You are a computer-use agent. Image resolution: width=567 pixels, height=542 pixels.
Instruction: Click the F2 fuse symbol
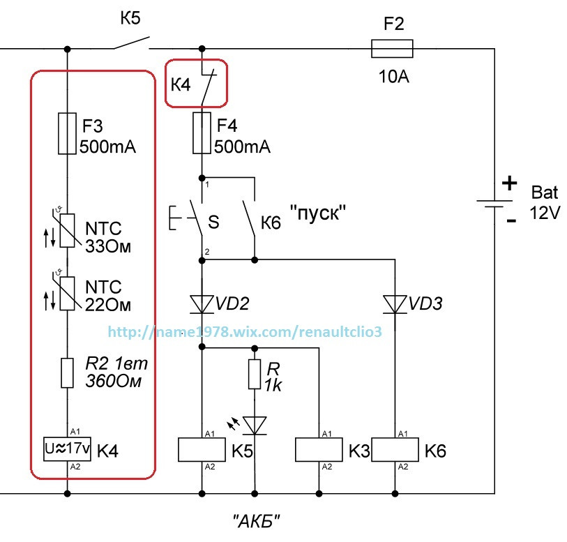(392, 48)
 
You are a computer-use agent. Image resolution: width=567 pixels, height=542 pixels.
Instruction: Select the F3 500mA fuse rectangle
(67, 133)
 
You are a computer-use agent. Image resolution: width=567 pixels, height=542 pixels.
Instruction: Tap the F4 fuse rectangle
(202, 133)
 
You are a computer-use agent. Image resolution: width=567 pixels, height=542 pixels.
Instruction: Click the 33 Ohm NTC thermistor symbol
(67, 230)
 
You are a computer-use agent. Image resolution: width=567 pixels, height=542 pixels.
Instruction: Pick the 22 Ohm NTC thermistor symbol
(67, 293)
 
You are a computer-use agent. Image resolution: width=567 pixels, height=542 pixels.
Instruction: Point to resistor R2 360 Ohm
(67, 373)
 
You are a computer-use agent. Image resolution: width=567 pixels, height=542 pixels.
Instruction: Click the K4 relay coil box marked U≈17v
(67, 449)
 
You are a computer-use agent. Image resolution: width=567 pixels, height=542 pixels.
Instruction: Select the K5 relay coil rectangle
(202, 450)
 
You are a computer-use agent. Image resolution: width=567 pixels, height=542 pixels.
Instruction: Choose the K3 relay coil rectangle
(319, 450)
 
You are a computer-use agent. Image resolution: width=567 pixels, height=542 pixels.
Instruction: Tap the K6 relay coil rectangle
(395, 450)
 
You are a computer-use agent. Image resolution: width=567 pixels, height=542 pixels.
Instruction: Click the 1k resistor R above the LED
(255, 374)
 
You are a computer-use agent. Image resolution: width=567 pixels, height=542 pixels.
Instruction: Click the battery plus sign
(510, 183)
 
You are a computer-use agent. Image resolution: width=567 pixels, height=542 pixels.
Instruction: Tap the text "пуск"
(318, 212)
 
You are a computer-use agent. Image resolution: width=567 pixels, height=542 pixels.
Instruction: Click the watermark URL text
(245, 331)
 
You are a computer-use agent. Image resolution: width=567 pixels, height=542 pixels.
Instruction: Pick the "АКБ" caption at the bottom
(257, 521)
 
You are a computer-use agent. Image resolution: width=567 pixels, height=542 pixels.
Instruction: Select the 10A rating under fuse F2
(394, 77)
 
